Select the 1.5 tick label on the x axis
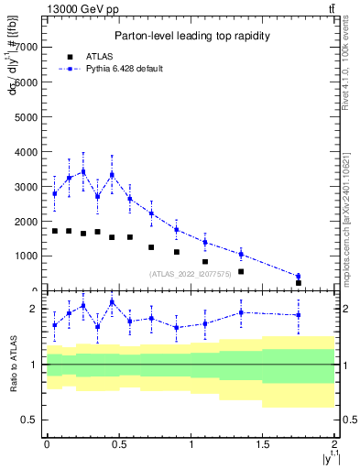pyautogui.click(x=263, y=445)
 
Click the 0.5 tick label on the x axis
pyautogui.click(x=118, y=445)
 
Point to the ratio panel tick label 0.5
pyautogui.click(x=30, y=420)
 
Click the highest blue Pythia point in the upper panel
pyautogui.click(x=83, y=171)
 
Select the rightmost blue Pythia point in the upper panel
pyautogui.click(x=299, y=276)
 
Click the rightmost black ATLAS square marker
pyautogui.click(x=299, y=283)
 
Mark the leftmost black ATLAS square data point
pyautogui.click(x=55, y=231)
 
